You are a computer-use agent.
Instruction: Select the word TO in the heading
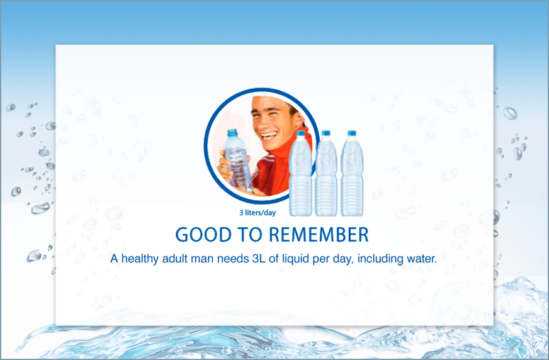point(250,234)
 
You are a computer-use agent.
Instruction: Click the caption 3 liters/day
point(258,212)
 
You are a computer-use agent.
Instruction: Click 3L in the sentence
point(258,259)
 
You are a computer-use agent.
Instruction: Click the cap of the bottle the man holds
point(232,133)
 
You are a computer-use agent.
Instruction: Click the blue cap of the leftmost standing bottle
point(300,133)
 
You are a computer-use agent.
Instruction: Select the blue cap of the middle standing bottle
point(326,133)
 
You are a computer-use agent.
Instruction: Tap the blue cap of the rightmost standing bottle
point(352,133)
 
